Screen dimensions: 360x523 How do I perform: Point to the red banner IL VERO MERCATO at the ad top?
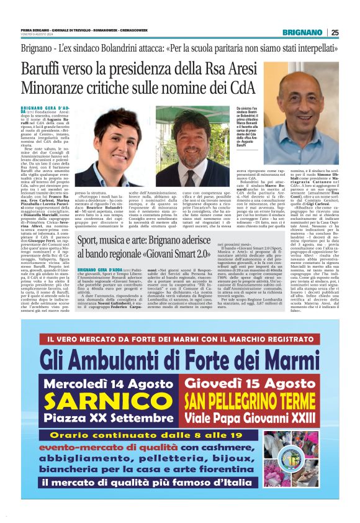tap(179, 339)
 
